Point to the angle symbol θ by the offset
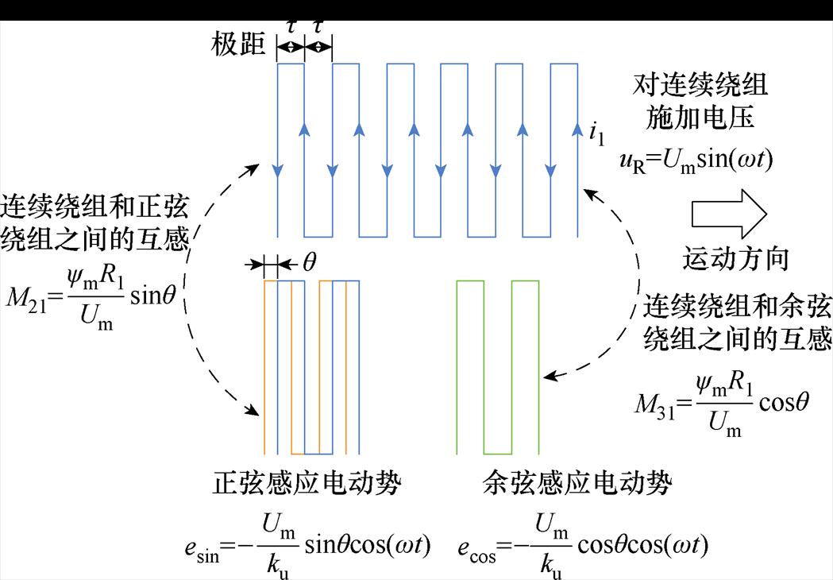(309, 264)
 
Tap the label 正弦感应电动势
(307, 483)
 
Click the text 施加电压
(700, 118)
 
